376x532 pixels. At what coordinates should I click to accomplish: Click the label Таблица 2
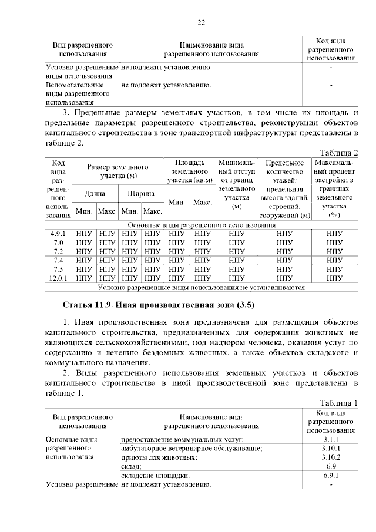click(339, 153)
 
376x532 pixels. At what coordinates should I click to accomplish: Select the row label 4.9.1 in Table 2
click(58, 234)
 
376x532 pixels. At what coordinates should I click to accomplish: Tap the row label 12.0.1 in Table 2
click(58, 278)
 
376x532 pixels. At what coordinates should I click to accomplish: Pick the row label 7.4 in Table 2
click(58, 260)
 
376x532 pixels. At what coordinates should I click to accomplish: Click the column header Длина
click(95, 193)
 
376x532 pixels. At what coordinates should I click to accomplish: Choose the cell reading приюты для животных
click(159, 457)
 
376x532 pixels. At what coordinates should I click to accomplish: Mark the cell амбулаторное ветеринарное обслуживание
click(192, 448)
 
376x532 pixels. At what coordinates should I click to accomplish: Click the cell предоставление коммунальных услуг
click(182, 439)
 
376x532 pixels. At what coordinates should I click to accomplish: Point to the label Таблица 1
click(339, 402)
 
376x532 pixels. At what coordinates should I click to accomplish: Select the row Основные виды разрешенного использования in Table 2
click(202, 225)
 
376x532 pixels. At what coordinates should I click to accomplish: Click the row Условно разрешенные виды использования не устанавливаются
click(202, 288)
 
